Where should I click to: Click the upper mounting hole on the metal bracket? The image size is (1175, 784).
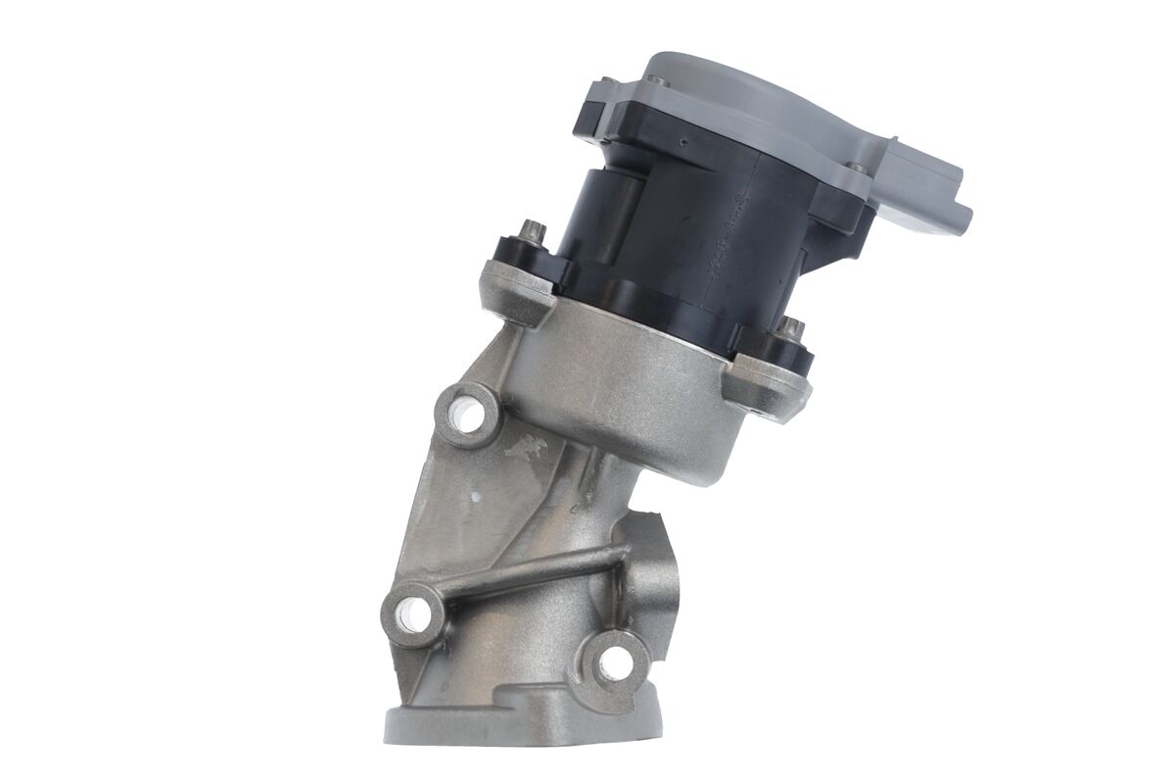468,416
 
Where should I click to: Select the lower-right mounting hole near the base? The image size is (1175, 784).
614,663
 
